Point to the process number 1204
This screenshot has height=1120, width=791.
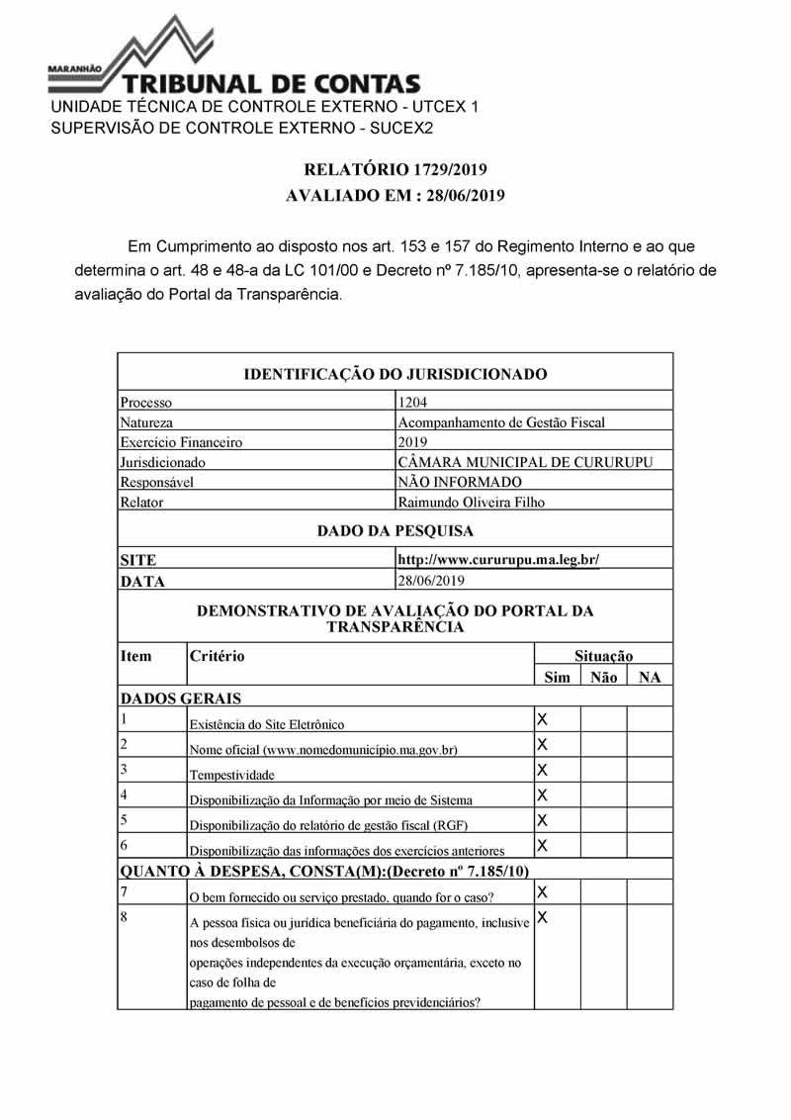tap(413, 403)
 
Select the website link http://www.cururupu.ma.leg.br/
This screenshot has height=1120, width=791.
tap(498, 560)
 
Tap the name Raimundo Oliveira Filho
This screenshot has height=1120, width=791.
tap(471, 502)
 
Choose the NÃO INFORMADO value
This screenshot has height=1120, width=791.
tap(459, 482)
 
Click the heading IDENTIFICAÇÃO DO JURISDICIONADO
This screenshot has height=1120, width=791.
tap(395, 374)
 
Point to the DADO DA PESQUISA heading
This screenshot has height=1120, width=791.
tap(395, 531)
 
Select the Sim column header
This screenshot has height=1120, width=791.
tap(558, 678)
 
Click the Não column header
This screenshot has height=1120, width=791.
tap(603, 678)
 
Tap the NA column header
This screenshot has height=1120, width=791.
tap(650, 678)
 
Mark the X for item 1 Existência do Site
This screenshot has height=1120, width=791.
tap(542, 718)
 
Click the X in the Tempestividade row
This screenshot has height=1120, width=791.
tap(542, 770)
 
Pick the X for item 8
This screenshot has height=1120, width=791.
tap(542, 918)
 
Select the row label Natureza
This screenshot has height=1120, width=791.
tap(146, 422)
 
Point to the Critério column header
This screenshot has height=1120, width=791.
tap(218, 656)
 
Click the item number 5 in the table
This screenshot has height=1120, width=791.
tap(125, 819)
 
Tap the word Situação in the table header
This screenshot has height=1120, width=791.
tap(603, 656)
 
